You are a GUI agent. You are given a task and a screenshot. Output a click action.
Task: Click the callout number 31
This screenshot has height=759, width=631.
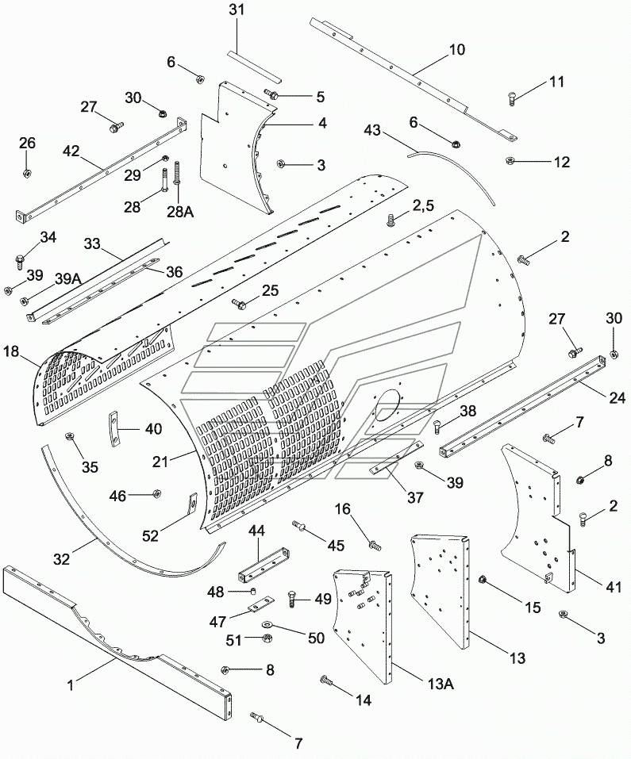tap(237, 10)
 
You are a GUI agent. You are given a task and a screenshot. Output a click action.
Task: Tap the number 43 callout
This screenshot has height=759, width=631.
tap(372, 131)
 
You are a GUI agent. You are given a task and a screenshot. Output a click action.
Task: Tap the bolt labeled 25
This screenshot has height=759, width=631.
tap(239, 303)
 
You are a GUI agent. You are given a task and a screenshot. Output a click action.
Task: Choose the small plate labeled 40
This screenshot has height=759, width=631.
tap(114, 429)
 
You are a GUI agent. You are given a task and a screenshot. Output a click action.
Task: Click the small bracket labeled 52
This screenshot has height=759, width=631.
tap(193, 501)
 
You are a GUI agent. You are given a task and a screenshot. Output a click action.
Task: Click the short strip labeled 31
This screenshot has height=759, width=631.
tap(254, 65)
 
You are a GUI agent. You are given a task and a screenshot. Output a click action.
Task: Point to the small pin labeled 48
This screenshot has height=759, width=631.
tap(252, 591)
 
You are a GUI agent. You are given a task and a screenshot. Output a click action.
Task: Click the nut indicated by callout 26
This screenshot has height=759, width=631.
tap(27, 173)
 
